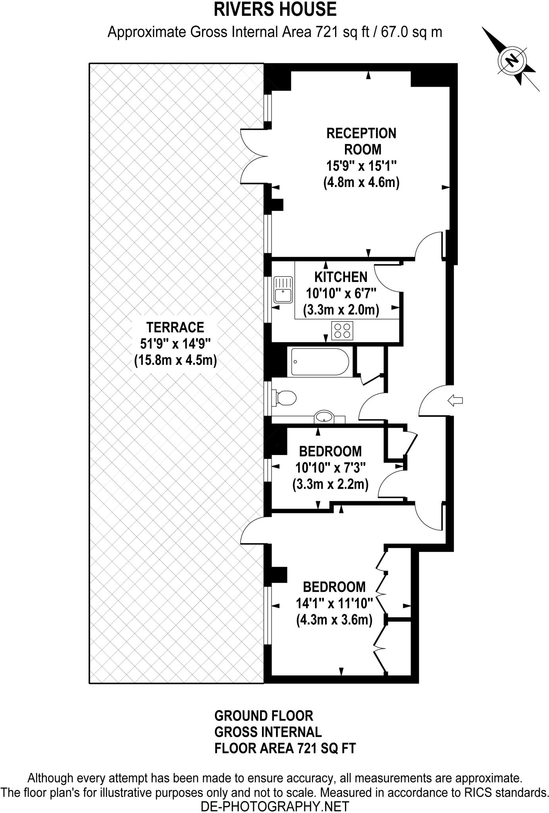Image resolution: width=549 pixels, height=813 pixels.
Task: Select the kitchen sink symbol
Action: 283,290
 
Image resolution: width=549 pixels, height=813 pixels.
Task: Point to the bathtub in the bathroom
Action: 320,362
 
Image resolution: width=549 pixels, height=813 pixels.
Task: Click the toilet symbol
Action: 285,397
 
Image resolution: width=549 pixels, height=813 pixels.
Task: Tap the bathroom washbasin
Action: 325,417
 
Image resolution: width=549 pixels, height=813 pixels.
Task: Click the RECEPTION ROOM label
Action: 361,141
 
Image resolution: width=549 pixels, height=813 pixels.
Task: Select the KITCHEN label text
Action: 341,277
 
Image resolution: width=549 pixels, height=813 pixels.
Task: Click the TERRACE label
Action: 175,327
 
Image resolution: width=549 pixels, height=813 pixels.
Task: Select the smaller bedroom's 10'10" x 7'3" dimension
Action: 330,468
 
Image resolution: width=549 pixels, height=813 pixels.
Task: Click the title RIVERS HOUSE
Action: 275,10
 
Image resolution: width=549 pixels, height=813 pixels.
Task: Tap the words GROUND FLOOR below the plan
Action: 264,716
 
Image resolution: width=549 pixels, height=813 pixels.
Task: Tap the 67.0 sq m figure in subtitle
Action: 411,32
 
